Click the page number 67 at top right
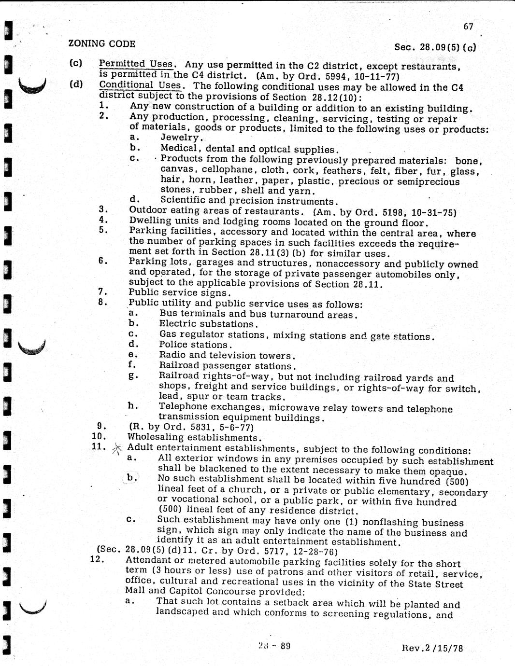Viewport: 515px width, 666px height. pyautogui.click(x=468, y=27)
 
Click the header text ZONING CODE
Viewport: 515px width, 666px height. pyautogui.click(x=102, y=43)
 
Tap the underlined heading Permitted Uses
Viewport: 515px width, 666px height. pyautogui.click(x=136, y=64)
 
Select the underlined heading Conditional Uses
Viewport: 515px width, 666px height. pyautogui.click(x=140, y=85)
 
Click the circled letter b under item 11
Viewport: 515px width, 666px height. pyautogui.click(x=130, y=478)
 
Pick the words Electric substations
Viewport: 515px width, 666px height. pyautogui.click(x=207, y=324)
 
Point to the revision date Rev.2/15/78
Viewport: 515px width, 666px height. pyautogui.click(x=432, y=648)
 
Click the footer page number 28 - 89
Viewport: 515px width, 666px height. pyautogui.click(x=274, y=646)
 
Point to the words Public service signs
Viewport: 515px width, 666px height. pyautogui.click(x=179, y=292)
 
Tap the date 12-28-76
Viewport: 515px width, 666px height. pyautogui.click(x=315, y=551)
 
